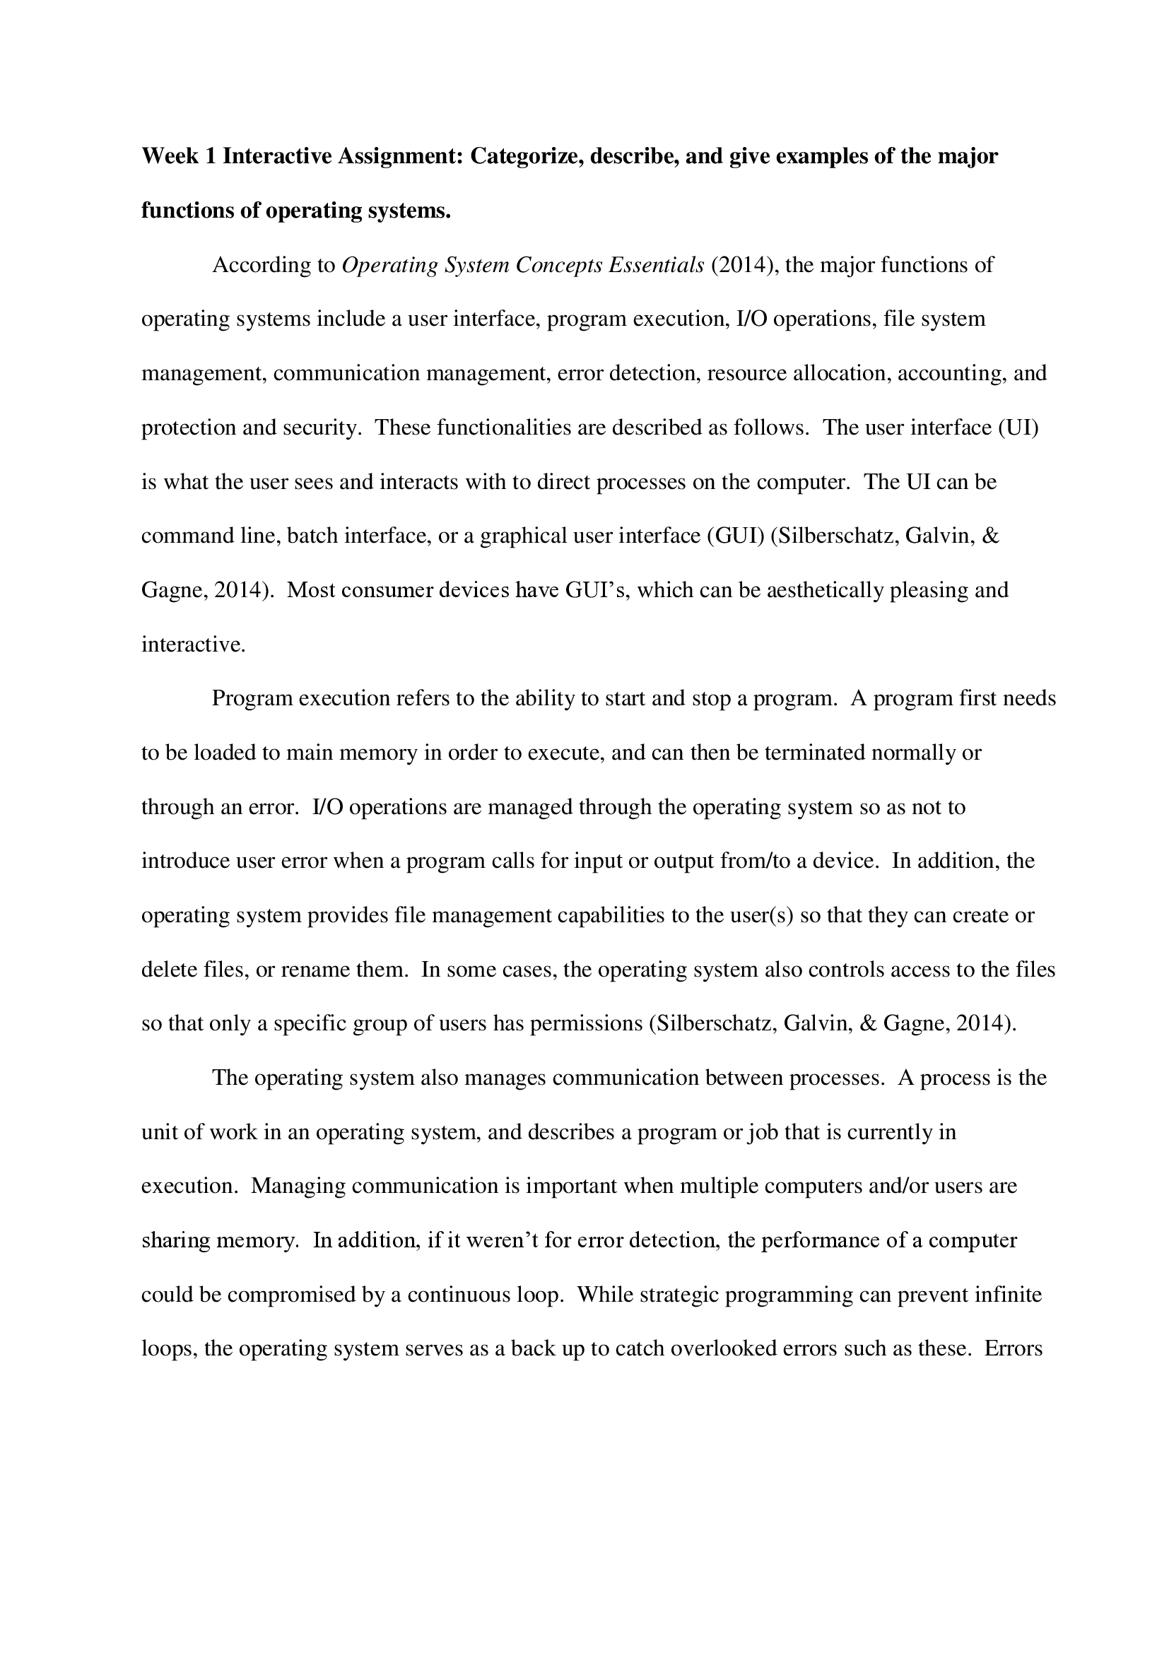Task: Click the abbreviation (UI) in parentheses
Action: pos(1018,428)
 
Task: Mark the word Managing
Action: pos(298,1186)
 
